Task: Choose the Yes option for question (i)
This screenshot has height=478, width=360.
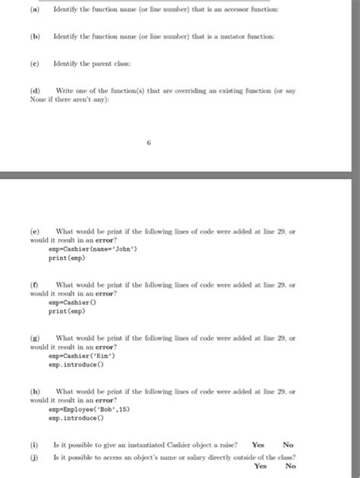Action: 258,445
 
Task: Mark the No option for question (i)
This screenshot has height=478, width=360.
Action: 288,445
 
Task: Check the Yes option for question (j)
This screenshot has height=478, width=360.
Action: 261,467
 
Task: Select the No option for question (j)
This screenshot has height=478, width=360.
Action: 290,467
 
